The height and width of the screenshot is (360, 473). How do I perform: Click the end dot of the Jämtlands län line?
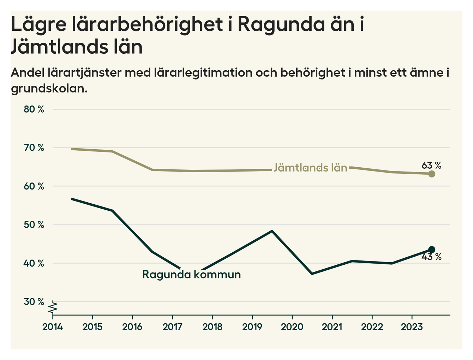[x=431, y=174]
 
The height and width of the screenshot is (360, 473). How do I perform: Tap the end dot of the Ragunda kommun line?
[x=431, y=250]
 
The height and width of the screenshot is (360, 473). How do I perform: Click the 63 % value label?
[x=431, y=165]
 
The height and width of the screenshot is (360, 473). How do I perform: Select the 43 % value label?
[x=431, y=257]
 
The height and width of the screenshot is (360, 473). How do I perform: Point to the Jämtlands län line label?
[x=311, y=168]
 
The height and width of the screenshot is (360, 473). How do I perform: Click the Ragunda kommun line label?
[x=191, y=274]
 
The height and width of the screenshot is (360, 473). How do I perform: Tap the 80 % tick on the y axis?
[x=34, y=109]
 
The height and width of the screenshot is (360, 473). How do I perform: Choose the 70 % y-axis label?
[x=34, y=148]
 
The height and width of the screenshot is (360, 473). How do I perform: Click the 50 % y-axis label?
[x=34, y=225]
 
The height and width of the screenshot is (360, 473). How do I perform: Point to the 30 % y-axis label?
[x=34, y=302]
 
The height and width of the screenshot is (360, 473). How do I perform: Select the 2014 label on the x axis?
[x=52, y=327]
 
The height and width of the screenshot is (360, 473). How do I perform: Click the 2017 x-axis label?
[x=172, y=327]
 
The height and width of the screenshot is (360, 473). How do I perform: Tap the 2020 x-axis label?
[x=292, y=327]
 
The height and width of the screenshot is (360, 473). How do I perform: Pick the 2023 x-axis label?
[x=412, y=327]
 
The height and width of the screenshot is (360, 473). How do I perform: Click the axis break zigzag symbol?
[x=53, y=307]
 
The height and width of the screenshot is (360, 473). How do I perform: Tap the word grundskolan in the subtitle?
[x=49, y=88]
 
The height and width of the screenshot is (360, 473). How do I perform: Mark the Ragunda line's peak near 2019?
[x=272, y=231]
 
